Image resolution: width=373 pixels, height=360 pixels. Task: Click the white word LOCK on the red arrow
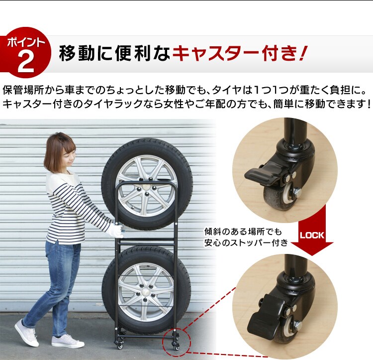click(x=312, y=235)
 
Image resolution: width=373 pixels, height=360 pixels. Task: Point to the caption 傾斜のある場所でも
click(x=243, y=232)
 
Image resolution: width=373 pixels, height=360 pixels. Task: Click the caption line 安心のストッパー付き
click(x=246, y=243)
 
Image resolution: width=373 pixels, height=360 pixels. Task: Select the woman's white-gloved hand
click(x=116, y=230)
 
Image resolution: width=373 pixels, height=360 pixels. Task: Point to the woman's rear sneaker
click(x=26, y=333)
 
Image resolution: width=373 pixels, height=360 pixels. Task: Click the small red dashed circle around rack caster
click(x=176, y=342)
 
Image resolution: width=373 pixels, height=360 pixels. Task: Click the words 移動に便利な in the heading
click(x=114, y=53)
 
